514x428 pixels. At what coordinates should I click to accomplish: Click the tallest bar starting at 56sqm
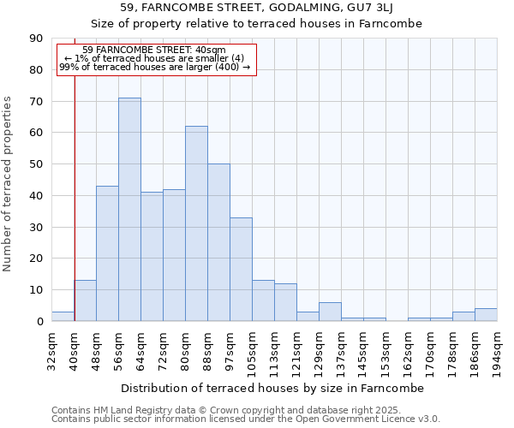[129, 210]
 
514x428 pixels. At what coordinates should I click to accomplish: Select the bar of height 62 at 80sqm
[196, 223]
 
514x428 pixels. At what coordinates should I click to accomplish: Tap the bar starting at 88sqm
[218, 242]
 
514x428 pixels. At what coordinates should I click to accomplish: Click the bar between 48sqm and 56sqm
[107, 253]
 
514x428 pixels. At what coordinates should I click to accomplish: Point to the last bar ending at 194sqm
[486, 314]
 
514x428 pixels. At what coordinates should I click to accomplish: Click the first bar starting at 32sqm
[63, 317]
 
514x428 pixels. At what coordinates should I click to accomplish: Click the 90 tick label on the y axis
[37, 39]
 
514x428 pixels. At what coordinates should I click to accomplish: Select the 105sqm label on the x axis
[252, 348]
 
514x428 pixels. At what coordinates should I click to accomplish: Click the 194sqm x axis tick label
[497, 348]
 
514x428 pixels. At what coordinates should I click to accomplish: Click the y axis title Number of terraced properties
[8, 184]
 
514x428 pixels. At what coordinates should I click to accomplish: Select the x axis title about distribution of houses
[272, 388]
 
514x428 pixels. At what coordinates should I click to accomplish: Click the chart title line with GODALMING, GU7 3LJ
[256, 8]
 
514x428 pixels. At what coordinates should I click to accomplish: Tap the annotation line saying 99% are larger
[155, 67]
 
